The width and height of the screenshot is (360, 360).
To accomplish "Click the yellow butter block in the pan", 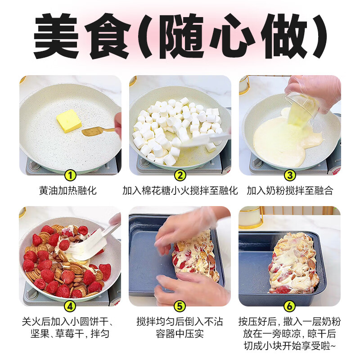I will coord(68,121).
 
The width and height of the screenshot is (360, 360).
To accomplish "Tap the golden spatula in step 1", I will coord(97,131).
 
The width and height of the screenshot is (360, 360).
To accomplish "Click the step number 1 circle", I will coord(70,175).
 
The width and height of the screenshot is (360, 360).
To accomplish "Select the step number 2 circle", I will coord(180,175).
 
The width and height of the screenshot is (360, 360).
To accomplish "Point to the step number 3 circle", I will coord(290,175).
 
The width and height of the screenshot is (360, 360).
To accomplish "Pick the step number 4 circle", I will coord(70,306).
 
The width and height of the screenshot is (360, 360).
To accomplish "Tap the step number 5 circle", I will coord(180,306).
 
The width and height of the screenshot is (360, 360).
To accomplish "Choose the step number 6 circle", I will coord(290,306).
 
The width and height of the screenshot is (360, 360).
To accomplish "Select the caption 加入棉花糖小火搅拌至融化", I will coord(180,191).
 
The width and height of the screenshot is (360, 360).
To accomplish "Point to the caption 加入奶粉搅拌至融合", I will coord(290,191).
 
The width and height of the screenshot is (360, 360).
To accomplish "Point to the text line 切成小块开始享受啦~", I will coord(290,346).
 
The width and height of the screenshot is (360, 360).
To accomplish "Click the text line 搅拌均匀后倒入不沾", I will coord(180,322).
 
